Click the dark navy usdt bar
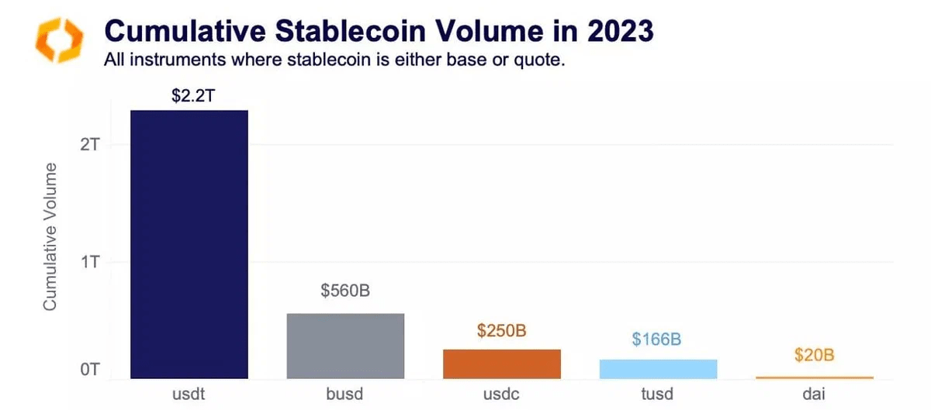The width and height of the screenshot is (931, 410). pyautogui.click(x=189, y=244)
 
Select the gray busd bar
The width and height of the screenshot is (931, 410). pyautogui.click(x=346, y=346)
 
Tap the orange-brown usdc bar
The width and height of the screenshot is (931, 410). pyautogui.click(x=502, y=363)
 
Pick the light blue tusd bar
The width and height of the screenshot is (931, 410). pyautogui.click(x=659, y=369)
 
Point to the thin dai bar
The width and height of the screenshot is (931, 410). pyautogui.click(x=815, y=377)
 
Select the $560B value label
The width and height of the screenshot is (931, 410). pyautogui.click(x=346, y=291)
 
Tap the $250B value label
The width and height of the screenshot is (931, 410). pyautogui.click(x=502, y=331)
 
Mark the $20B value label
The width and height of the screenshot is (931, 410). pyautogui.click(x=815, y=356)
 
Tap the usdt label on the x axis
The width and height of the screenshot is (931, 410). pyautogui.click(x=189, y=394)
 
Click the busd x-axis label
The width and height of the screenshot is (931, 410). pyautogui.click(x=346, y=394)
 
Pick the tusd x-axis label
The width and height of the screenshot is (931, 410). pyautogui.click(x=659, y=394)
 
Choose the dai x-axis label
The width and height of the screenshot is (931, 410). pyautogui.click(x=815, y=394)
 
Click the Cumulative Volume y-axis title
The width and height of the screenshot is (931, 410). pyautogui.click(x=50, y=236)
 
